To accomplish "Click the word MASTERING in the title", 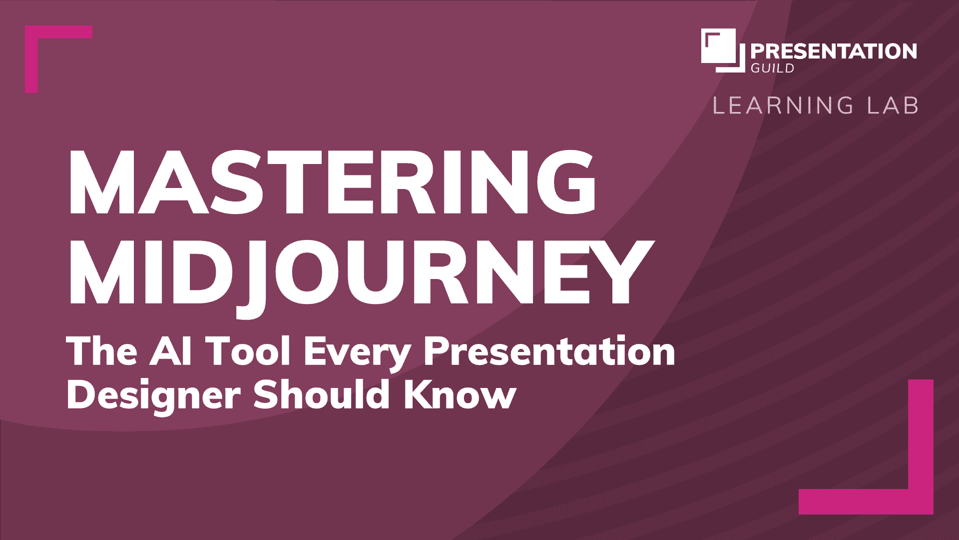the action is (x=333, y=182).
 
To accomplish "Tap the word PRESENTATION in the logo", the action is (x=834, y=51).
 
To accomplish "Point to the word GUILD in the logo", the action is (x=773, y=68).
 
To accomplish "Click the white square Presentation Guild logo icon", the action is (x=722, y=50).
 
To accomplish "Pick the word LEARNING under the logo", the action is (x=783, y=105).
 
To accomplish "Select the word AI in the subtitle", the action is (x=170, y=351).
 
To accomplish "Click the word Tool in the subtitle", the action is (x=248, y=351).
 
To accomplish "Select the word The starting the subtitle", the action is (x=102, y=351).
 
